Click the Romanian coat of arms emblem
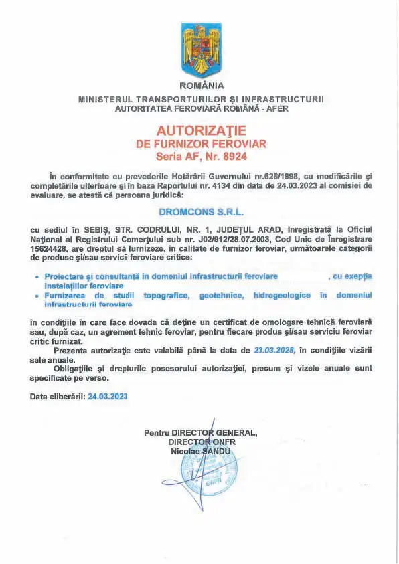click(x=202, y=50)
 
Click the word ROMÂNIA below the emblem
click(x=202, y=85)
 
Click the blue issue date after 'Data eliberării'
click(x=108, y=396)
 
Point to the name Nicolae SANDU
click(x=201, y=452)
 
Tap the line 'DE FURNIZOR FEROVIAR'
click(x=202, y=143)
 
